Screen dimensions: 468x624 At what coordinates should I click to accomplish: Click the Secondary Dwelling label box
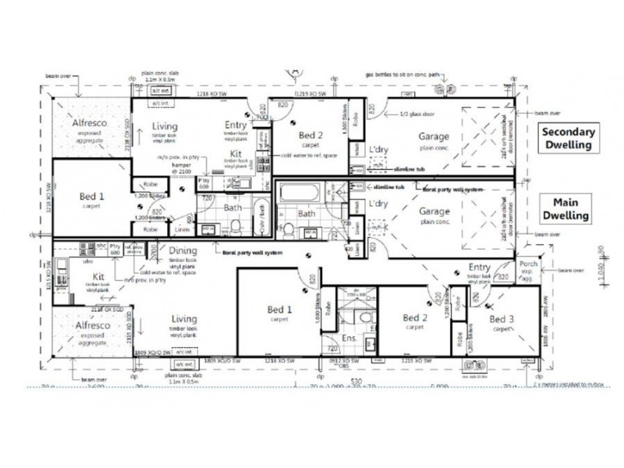(569, 139)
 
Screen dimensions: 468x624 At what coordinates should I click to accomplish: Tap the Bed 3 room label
(502, 319)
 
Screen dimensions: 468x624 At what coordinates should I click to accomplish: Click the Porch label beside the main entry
(528, 265)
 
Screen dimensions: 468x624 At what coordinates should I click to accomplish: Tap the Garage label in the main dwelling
(434, 211)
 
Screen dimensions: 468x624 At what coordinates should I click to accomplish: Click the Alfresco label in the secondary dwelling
(90, 123)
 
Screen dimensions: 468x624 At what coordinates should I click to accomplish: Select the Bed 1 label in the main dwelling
(279, 310)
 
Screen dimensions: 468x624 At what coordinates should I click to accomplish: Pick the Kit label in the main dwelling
(99, 277)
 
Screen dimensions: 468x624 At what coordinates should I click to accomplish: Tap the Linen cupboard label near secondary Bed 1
(182, 229)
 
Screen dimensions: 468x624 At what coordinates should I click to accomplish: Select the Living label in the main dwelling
(184, 319)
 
